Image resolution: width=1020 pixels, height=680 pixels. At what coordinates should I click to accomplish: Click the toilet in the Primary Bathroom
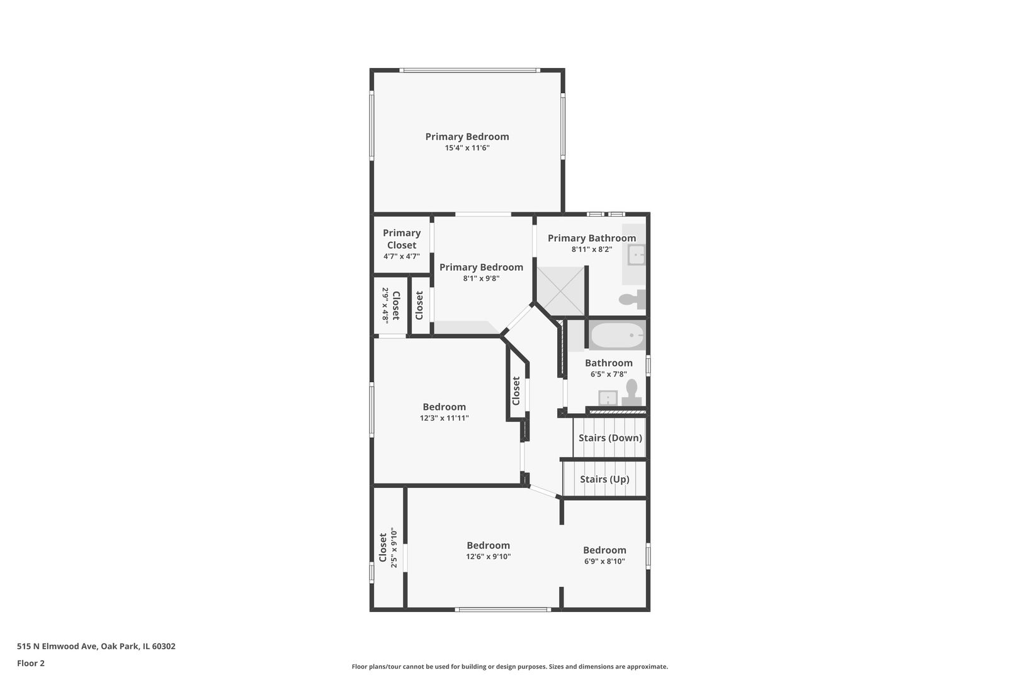[x=633, y=299]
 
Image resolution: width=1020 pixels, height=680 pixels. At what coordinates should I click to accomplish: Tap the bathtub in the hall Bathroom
[x=618, y=335]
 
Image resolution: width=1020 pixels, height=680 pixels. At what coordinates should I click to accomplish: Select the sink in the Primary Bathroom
[x=637, y=254]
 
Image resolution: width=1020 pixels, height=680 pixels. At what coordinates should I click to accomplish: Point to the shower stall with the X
[x=560, y=291]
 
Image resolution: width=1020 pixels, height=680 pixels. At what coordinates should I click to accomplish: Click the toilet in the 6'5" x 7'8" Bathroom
[x=632, y=394]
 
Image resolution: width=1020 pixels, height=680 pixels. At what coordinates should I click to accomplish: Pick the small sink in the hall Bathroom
[x=608, y=398]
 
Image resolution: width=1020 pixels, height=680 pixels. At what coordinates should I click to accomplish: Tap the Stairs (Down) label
[x=610, y=438]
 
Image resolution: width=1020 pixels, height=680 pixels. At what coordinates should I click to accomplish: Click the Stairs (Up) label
[x=604, y=479]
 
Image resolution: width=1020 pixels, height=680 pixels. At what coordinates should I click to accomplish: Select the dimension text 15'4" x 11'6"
[x=467, y=147]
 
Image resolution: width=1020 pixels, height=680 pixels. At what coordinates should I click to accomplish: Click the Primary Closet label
[x=402, y=239]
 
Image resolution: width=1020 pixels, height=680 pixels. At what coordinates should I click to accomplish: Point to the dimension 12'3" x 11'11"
[x=444, y=418]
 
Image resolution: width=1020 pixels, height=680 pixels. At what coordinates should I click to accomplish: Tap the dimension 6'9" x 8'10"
[x=604, y=561]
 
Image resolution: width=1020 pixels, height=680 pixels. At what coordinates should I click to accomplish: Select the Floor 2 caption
[x=31, y=663]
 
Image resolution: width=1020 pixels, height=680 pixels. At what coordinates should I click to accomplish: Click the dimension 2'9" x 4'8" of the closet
[x=385, y=305]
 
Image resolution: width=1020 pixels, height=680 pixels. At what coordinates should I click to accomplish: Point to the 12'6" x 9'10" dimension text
[x=488, y=557]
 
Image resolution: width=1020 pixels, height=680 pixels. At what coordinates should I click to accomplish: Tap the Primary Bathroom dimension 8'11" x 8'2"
[x=592, y=249]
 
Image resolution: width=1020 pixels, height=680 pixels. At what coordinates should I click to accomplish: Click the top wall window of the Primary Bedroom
[x=470, y=70]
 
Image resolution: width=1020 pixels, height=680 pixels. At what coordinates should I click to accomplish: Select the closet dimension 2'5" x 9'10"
[x=394, y=548]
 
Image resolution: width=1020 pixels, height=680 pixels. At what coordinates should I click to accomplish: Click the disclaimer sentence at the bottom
[x=509, y=666]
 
